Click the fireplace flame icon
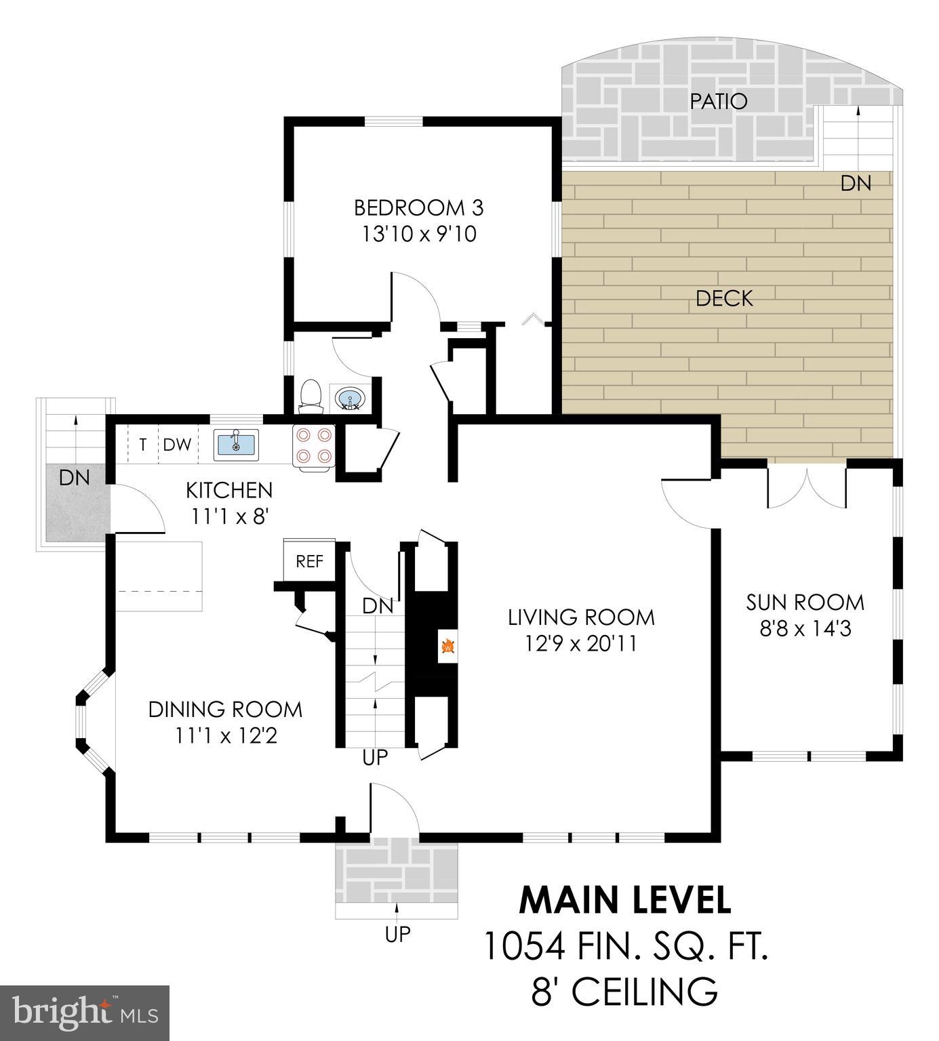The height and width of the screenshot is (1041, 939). click(x=447, y=647)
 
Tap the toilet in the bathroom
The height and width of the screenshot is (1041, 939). click(x=310, y=396)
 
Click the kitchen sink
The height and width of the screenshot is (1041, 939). click(x=236, y=445)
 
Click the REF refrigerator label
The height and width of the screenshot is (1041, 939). click(x=310, y=561)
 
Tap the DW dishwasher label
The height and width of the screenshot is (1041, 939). click(x=177, y=445)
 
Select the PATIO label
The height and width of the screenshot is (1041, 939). click(x=718, y=102)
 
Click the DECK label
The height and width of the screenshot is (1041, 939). click(x=724, y=298)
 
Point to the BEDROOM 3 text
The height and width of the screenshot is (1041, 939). click(x=418, y=207)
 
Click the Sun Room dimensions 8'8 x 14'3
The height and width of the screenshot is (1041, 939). click(x=805, y=629)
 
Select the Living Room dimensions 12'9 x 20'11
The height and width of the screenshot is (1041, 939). click(x=581, y=642)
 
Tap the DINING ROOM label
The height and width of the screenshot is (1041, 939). click(x=225, y=710)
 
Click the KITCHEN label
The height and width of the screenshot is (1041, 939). click(x=229, y=490)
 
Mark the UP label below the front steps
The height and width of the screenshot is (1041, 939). click(x=397, y=934)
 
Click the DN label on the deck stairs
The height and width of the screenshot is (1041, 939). click(x=856, y=183)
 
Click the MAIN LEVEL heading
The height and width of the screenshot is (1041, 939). click(x=625, y=900)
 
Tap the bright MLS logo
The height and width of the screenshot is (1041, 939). click(x=85, y=1013)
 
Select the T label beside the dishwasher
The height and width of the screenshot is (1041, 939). click(x=142, y=445)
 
